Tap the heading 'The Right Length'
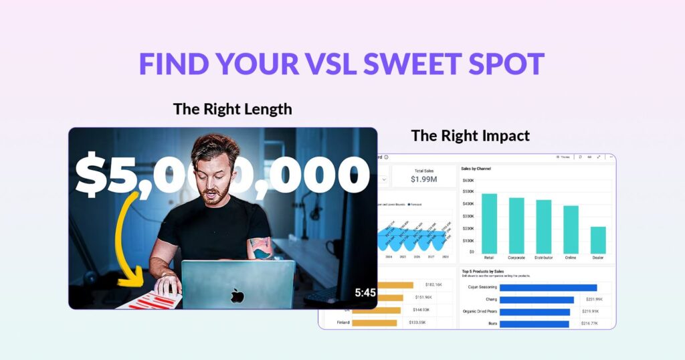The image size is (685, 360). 232,108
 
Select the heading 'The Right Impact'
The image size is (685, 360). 470,136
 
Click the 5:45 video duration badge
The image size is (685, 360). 365,292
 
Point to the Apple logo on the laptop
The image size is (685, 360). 237,295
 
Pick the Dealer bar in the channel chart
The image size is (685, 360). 598,240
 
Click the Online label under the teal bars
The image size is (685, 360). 571,258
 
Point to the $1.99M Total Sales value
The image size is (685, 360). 423,179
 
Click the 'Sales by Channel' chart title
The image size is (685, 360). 476,169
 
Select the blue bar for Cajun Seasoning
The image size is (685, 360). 548,288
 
